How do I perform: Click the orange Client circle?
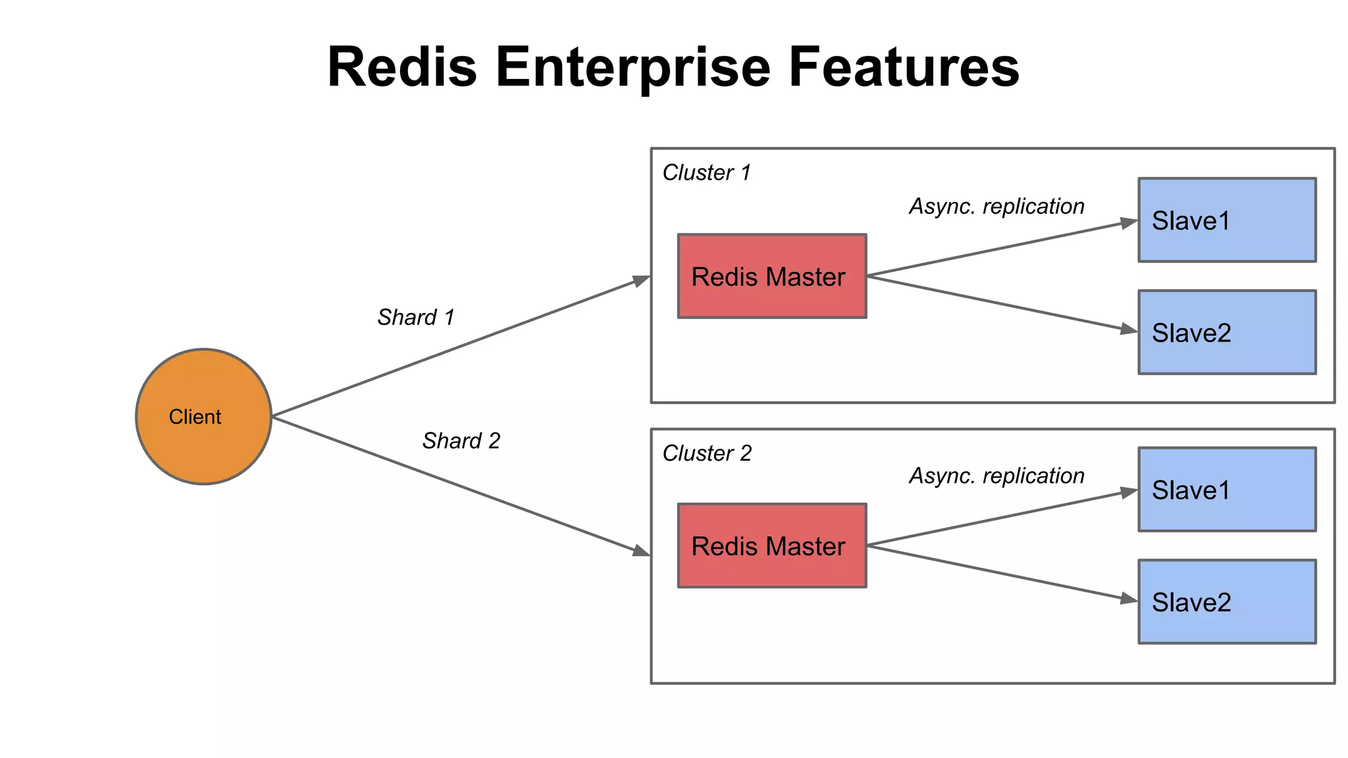[x=203, y=417]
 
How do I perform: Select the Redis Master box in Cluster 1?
[x=772, y=276]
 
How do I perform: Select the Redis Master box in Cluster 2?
[x=772, y=545]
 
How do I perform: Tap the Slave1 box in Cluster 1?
[x=1227, y=220]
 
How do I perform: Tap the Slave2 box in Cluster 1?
[x=1227, y=332]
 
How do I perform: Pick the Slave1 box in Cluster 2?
[x=1227, y=490]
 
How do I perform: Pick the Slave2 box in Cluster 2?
[x=1227, y=601]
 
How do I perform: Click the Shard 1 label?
[x=416, y=317]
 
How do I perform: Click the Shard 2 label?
[x=461, y=440]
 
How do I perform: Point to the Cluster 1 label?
[x=706, y=172]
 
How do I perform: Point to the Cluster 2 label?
[x=707, y=453]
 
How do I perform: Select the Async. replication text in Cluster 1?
[x=997, y=206]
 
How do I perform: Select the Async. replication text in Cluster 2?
[x=997, y=475]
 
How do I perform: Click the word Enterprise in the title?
[x=632, y=67]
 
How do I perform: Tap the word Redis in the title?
[x=402, y=67]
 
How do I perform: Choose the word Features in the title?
[x=903, y=67]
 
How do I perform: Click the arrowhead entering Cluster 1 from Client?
[x=641, y=280]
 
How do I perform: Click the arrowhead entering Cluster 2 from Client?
[x=641, y=551]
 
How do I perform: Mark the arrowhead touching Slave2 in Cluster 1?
[x=1129, y=329]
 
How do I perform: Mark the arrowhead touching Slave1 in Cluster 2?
[x=1129, y=492]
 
